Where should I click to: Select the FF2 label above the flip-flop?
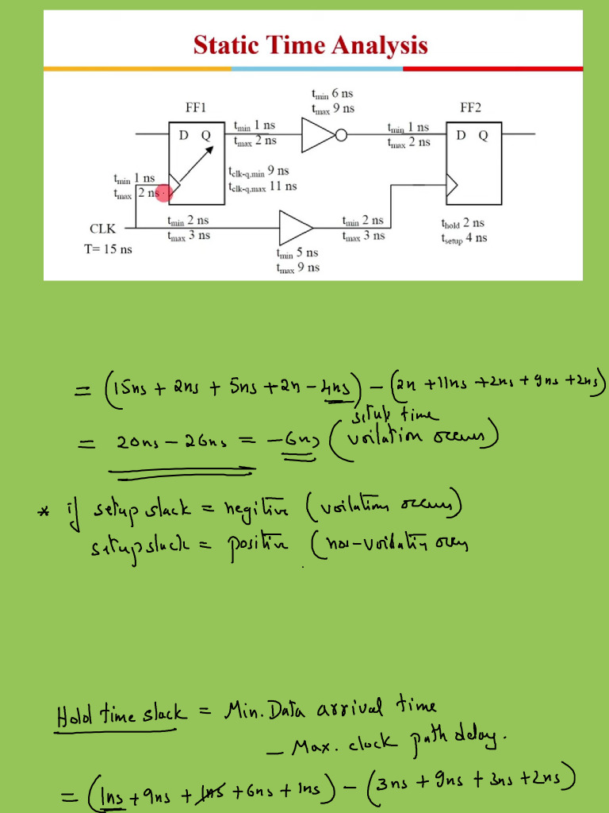pyautogui.click(x=473, y=107)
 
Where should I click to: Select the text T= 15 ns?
pyautogui.click(x=109, y=249)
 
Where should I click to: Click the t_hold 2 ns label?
pyautogui.click(x=462, y=223)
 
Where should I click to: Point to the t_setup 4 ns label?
pyautogui.click(x=464, y=237)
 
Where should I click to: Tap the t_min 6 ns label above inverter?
pyautogui.click(x=332, y=94)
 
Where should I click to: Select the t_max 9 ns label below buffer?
pyautogui.click(x=297, y=268)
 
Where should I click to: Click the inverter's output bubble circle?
pyautogui.click(x=341, y=135)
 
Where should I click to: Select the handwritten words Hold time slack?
pyautogui.click(x=121, y=712)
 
